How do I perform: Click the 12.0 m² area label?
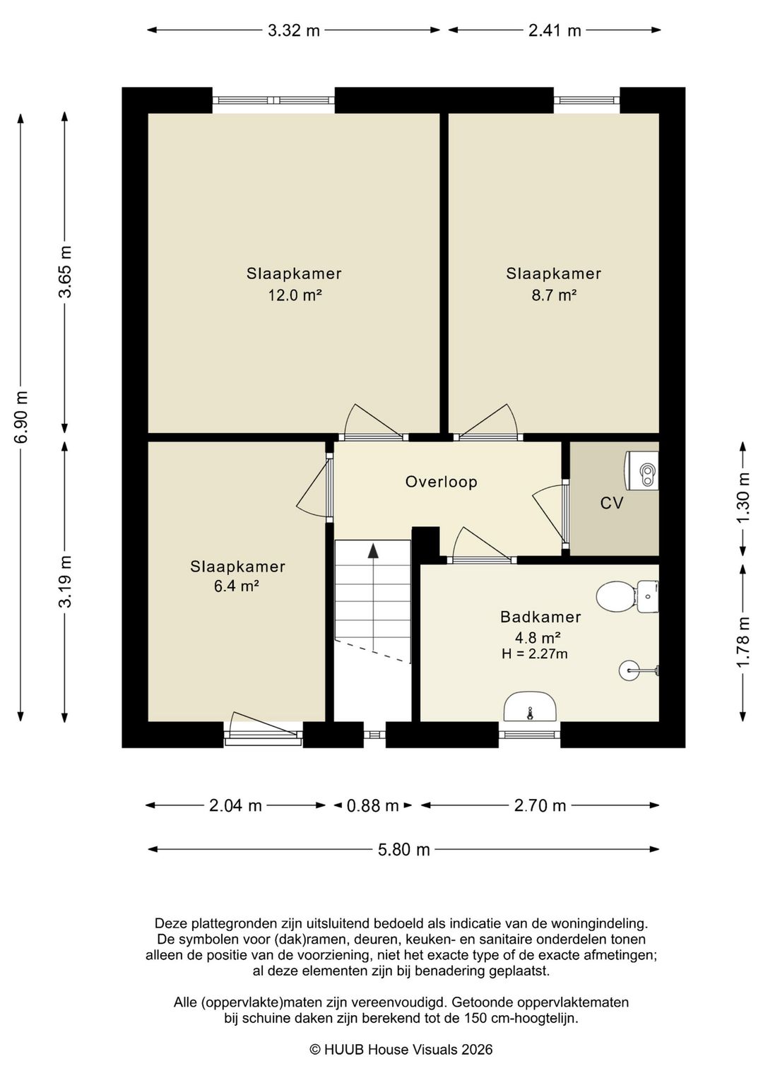point(294,295)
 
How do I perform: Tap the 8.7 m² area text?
point(554,295)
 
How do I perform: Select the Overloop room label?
point(441,482)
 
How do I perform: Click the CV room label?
point(611,503)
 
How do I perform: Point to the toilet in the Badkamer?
point(627,596)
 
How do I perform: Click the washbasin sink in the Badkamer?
point(530,707)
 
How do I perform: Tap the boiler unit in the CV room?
point(641,470)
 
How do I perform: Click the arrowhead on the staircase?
point(373,551)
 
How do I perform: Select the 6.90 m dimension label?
point(20,417)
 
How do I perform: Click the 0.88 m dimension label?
point(372,805)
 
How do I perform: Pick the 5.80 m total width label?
point(403,850)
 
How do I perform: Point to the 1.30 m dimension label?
point(743,497)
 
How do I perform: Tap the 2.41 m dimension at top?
point(554,30)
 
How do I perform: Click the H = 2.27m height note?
point(534,653)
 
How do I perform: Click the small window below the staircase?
point(374,735)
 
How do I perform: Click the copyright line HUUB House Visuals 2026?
point(401,1050)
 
